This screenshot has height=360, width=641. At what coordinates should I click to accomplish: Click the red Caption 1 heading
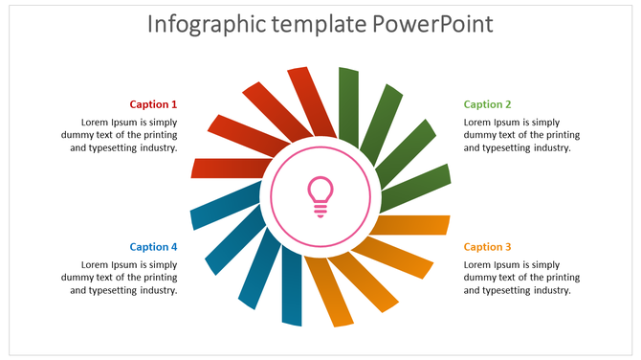click(153, 104)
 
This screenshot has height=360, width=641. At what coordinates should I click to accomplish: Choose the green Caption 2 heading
click(487, 104)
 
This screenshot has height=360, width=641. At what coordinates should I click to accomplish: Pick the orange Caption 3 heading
click(487, 247)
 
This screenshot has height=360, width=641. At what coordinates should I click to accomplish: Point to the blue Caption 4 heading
click(153, 247)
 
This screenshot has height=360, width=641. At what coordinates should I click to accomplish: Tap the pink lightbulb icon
click(320, 195)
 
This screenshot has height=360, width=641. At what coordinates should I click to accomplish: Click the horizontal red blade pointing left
click(227, 169)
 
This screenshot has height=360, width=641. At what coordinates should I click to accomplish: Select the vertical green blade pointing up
click(348, 101)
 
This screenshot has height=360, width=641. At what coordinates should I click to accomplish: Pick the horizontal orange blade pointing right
click(413, 226)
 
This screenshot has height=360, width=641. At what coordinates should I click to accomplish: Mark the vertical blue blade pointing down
click(292, 292)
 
